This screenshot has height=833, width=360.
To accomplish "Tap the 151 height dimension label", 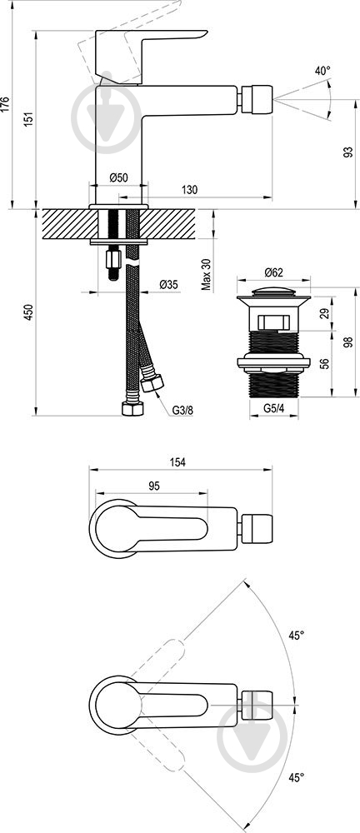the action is coord(30,118).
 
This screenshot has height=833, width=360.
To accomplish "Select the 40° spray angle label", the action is coord(322,71).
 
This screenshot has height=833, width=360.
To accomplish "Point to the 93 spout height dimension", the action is coord(348,152).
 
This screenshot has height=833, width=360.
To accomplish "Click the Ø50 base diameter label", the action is coord(118,178).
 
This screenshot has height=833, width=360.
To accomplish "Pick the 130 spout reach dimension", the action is coord(189,190).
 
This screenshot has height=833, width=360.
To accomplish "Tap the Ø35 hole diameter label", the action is coord(168,285).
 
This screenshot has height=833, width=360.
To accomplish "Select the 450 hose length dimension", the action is coord(30,312).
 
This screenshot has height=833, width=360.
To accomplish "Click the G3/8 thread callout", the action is coord(182,410).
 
